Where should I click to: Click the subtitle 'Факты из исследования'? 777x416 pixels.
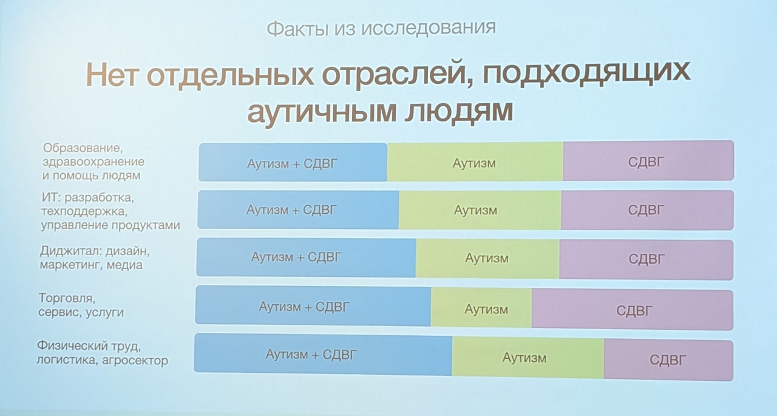click(381, 29)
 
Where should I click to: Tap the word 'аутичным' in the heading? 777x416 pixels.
click(322, 111)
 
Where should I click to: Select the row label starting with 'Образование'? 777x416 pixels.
click(93, 162)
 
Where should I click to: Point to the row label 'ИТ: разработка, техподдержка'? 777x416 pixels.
click(110, 211)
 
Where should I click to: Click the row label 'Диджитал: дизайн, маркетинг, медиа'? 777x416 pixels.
click(95, 257)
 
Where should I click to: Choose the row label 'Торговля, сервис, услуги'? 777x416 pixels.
click(81, 305)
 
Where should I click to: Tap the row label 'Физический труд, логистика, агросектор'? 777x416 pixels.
click(103, 353)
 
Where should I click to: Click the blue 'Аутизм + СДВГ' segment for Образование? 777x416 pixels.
click(293, 162)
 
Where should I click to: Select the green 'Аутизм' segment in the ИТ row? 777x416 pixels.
click(480, 210)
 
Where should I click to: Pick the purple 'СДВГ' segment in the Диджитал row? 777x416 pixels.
click(646, 259)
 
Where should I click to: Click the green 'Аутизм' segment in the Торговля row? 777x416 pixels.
click(481, 307)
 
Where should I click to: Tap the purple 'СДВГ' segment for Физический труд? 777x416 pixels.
click(668, 360)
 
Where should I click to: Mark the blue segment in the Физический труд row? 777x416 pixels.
click(323, 354)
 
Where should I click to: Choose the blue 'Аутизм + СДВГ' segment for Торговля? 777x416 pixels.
click(313, 305)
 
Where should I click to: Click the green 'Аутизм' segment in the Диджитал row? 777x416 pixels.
click(487, 259)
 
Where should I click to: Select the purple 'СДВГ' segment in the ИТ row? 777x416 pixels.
click(648, 210)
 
